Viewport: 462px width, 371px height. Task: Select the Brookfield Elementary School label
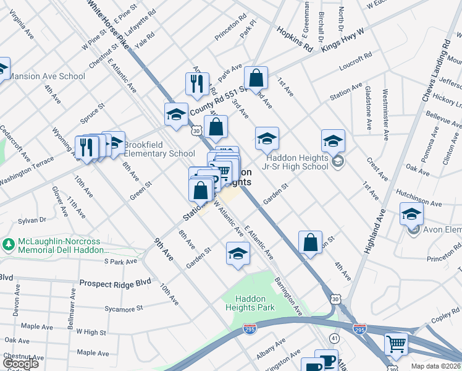click(159, 150)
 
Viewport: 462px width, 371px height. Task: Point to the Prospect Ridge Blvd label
click(115, 283)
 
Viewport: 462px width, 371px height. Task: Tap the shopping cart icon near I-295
click(396, 343)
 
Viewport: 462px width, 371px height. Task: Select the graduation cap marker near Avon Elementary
click(411, 214)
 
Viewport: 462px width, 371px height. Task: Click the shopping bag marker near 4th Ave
click(310, 242)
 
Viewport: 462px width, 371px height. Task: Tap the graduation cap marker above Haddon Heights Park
click(238, 254)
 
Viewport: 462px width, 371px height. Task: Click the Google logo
click(21, 363)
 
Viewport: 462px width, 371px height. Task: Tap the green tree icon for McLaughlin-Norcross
click(8, 244)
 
